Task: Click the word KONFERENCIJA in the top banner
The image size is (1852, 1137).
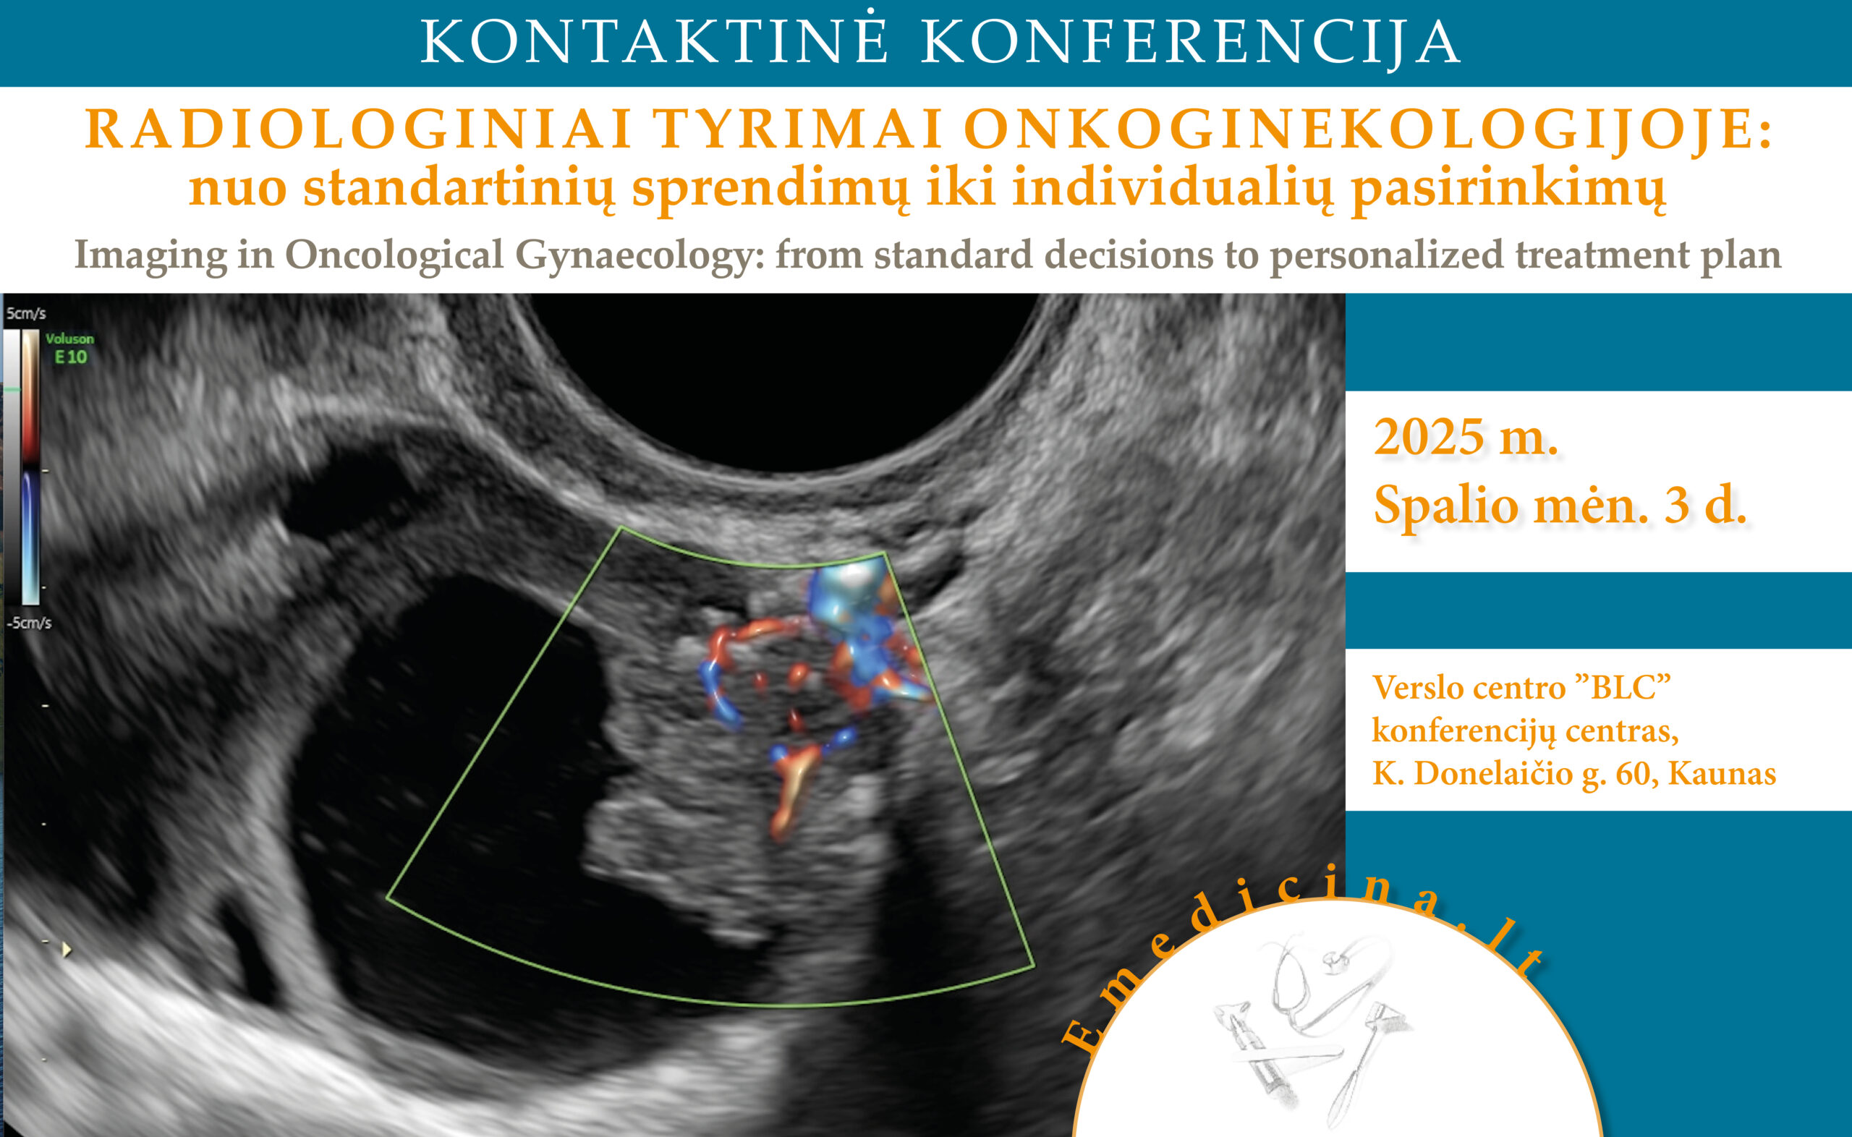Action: (1191, 41)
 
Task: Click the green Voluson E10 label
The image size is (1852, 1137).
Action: (70, 349)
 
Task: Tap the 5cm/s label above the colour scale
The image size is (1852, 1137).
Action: (26, 313)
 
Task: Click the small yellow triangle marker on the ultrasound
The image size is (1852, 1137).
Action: (67, 950)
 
